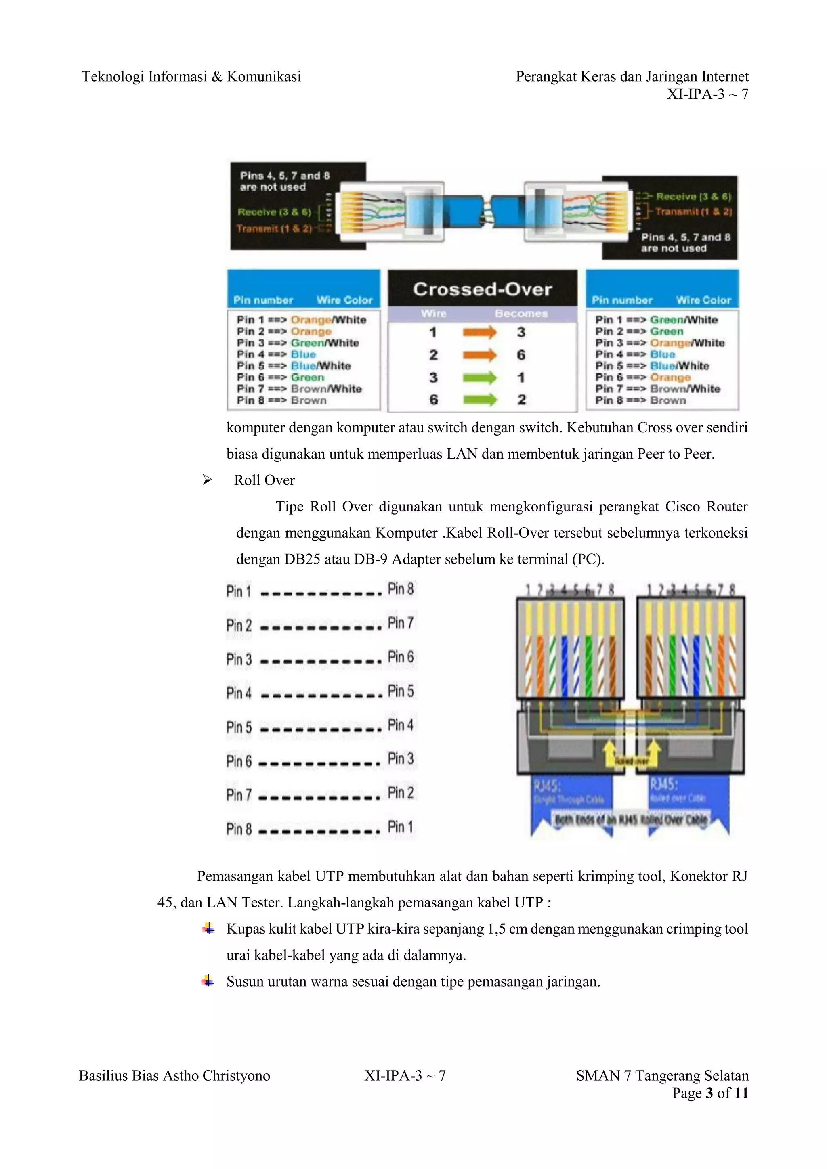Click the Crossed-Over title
(482, 289)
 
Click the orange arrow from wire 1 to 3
(479, 333)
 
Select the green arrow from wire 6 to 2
(479, 400)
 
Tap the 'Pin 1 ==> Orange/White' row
(302, 320)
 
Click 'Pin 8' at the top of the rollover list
(401, 589)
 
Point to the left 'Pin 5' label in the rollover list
(239, 727)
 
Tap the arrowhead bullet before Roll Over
(207, 480)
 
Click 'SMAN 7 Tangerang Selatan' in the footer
(662, 1075)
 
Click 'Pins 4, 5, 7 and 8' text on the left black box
(285, 176)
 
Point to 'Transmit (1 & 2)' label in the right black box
(693, 212)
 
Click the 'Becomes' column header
(521, 314)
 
